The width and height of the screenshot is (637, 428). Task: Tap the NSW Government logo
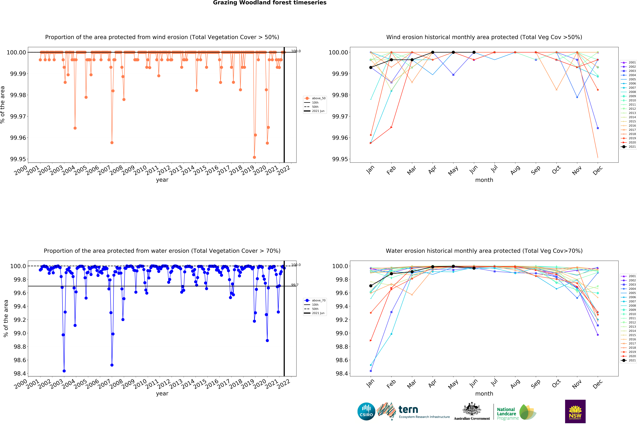tap(575, 411)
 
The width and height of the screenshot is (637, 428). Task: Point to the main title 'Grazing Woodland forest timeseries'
tap(270, 3)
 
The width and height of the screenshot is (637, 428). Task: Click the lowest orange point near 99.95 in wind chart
tap(254, 157)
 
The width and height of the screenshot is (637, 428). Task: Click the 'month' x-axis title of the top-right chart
tap(484, 180)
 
